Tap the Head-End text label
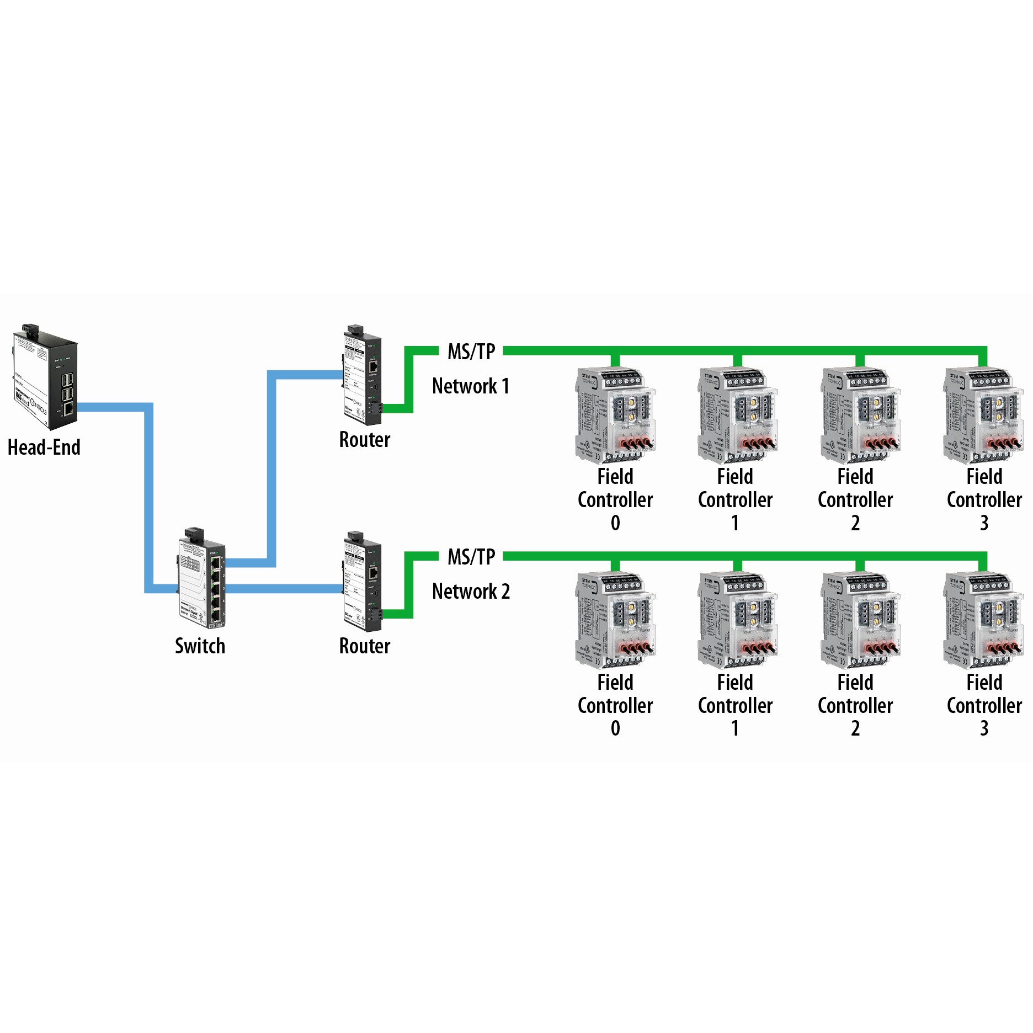(x=44, y=447)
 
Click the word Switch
(x=200, y=646)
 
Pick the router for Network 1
(x=363, y=375)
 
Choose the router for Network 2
(x=363, y=582)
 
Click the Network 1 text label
(x=470, y=386)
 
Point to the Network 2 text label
(x=471, y=591)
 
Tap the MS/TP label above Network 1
(x=471, y=352)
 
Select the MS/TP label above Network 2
(x=471, y=557)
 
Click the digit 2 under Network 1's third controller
(x=855, y=523)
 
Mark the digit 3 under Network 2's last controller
(x=984, y=728)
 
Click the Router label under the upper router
(x=364, y=440)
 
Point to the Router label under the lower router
(x=364, y=646)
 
